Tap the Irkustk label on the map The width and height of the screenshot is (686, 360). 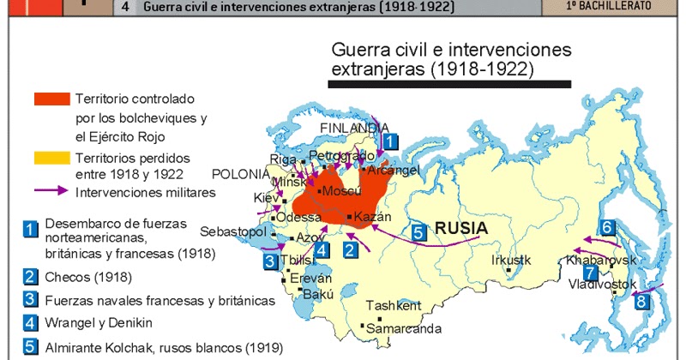pyautogui.click(x=512, y=260)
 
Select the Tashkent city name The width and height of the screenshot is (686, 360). pyautogui.click(x=394, y=306)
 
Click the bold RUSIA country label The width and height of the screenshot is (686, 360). pyautogui.click(x=461, y=229)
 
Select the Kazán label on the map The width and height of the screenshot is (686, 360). pyautogui.click(x=371, y=217)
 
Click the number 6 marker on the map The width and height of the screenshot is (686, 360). pyautogui.click(x=607, y=227)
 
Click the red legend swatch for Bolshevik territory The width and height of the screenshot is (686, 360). pyautogui.click(x=51, y=99)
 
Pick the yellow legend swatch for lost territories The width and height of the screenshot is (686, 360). pyautogui.click(x=51, y=159)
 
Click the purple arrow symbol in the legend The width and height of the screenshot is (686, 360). pyautogui.click(x=51, y=191)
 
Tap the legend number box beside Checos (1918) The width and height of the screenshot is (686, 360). pyautogui.click(x=31, y=276)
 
